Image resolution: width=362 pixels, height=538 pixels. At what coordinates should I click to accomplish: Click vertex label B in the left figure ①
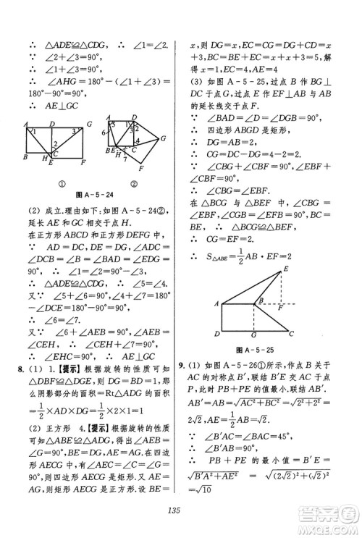tap(26, 156)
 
